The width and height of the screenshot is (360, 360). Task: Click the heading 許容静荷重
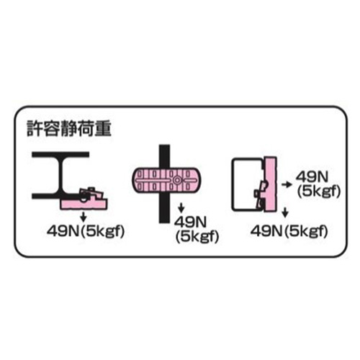click(69, 129)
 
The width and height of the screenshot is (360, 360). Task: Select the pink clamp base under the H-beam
click(84, 204)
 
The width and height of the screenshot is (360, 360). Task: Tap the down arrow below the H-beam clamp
click(84, 217)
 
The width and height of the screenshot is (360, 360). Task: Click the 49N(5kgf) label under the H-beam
click(86, 231)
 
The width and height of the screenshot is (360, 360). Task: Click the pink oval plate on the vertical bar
click(166, 180)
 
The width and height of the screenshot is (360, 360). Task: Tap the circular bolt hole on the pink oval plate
click(177, 180)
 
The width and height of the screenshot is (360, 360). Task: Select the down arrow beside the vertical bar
click(181, 208)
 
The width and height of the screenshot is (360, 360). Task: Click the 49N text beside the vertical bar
click(190, 222)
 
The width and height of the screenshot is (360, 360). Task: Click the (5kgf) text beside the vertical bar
click(197, 236)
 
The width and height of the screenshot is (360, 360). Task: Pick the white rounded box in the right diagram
click(247, 184)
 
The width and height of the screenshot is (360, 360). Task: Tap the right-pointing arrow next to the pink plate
click(287, 184)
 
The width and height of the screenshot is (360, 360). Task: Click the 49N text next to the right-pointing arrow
click(312, 177)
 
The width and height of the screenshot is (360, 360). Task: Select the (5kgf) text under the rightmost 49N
click(319, 192)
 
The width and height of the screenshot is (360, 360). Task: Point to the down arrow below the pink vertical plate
click(285, 212)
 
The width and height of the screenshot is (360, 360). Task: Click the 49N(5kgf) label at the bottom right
click(289, 231)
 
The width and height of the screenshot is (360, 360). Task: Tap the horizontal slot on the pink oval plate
click(153, 180)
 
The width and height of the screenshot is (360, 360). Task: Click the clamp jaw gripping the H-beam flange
click(91, 194)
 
